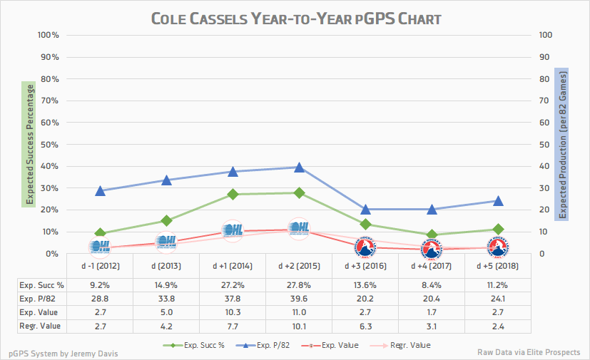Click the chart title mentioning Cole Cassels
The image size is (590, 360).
pos(295,18)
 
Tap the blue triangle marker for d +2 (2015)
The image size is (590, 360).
pos(299,167)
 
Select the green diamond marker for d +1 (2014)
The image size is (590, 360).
pos(233,194)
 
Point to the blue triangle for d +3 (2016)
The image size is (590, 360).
pos(365,210)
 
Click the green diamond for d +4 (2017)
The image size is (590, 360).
pos(432,235)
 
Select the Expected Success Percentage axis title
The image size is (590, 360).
pos(31,144)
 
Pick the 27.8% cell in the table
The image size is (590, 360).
pos(299,283)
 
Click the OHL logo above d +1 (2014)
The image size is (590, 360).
pos(233,230)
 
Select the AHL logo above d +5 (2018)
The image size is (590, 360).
pos(498,247)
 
